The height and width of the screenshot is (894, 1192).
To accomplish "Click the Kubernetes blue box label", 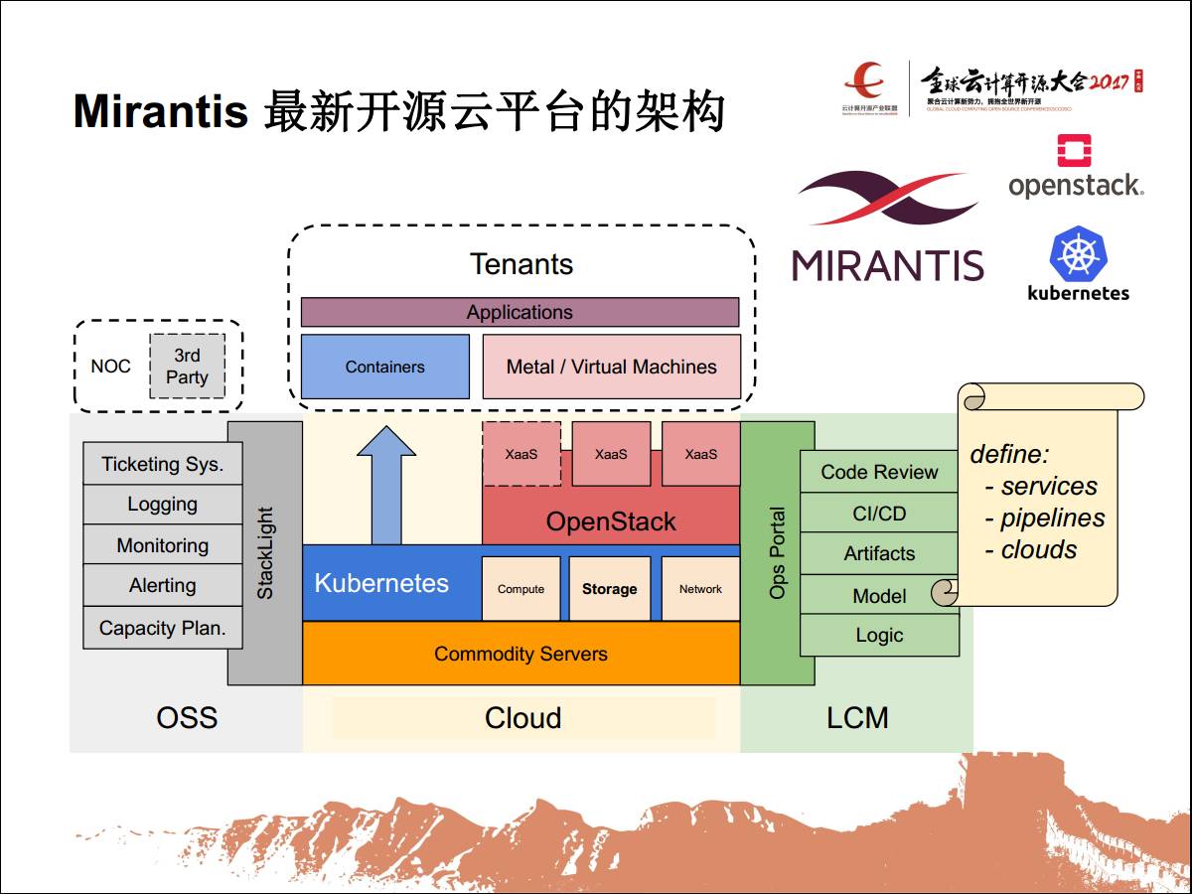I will (381, 583).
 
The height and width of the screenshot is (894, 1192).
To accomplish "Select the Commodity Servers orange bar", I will (521, 654).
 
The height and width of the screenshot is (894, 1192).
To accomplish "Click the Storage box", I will (609, 589).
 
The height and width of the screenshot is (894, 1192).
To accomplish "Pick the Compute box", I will (521, 589).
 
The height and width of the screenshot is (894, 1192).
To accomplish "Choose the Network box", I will (700, 589).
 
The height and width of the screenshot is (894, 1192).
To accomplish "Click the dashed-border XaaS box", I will (521, 454).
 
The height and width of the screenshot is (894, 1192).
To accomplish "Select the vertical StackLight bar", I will (265, 553).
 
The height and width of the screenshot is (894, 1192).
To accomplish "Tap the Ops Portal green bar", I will (777, 553).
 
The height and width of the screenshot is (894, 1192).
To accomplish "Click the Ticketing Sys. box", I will (162, 464).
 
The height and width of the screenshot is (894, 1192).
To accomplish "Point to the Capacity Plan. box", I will (162, 628).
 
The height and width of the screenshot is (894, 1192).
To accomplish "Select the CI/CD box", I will (879, 514).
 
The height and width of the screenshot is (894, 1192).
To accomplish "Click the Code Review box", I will (879, 472).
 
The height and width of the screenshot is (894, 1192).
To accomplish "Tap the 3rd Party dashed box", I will (187, 367).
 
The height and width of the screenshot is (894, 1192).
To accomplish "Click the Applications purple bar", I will (520, 312).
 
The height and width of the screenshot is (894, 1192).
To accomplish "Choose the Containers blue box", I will (384, 367).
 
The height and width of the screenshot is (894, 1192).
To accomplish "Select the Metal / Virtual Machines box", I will (611, 367).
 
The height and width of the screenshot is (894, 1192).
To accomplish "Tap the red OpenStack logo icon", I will (1074, 151).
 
